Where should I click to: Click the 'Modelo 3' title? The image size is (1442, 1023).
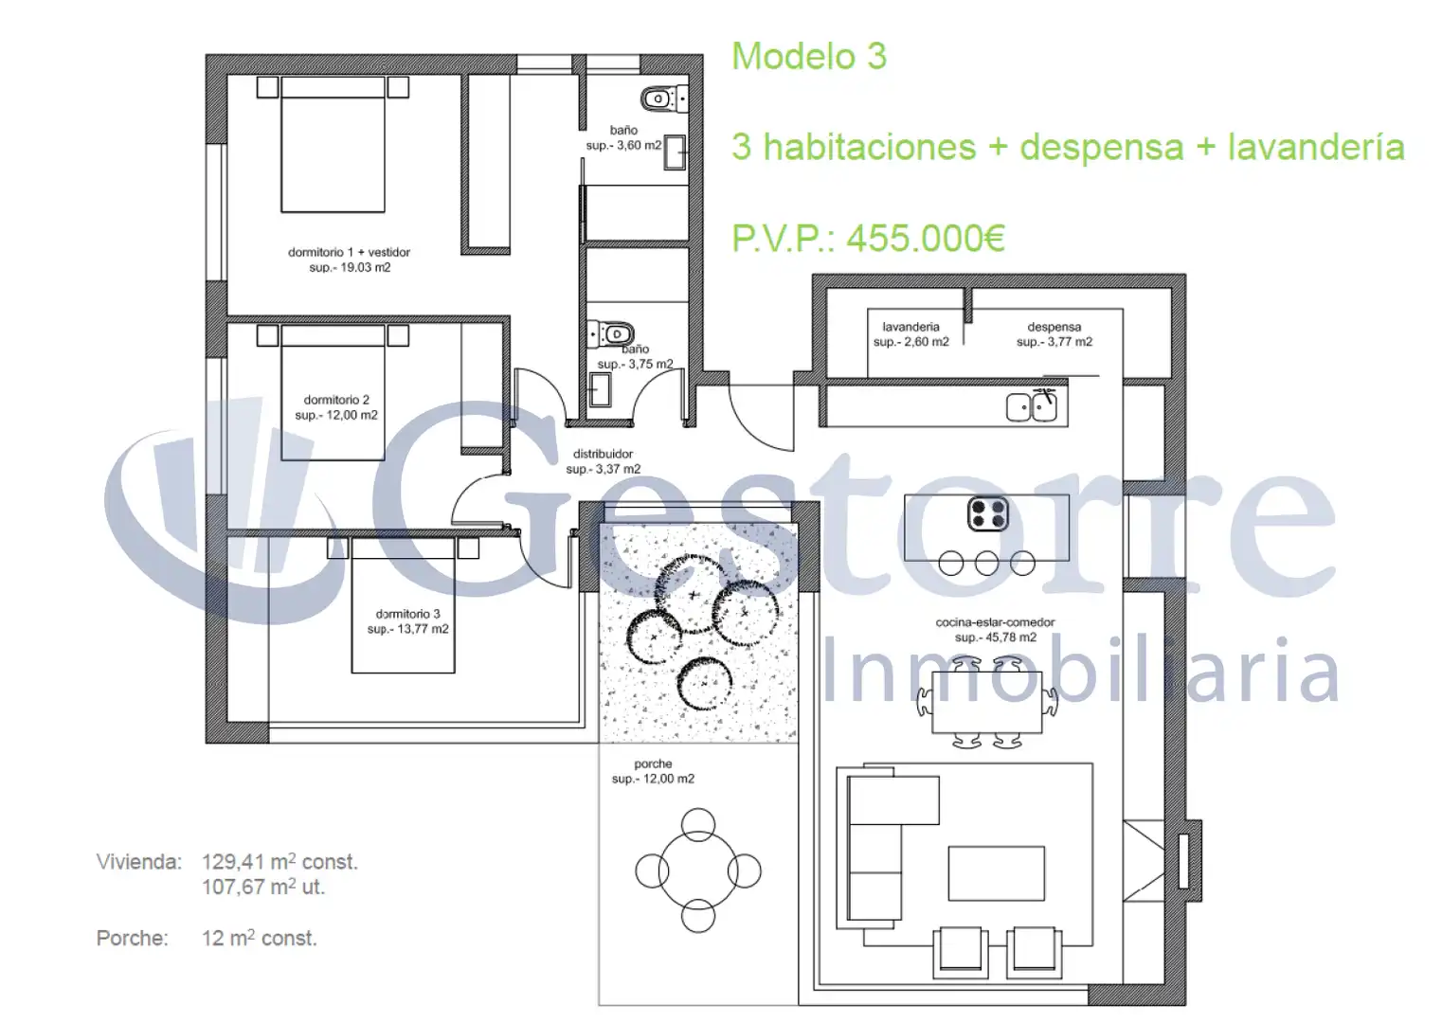click(809, 56)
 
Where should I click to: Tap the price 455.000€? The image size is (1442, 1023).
click(925, 239)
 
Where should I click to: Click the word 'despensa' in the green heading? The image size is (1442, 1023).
click(1102, 148)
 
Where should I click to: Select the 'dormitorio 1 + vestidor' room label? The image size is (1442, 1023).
click(349, 252)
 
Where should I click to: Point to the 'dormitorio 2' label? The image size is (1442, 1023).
click(336, 400)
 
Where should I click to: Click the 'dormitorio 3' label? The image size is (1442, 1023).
click(408, 614)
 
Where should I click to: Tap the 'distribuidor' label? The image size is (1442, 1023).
click(604, 454)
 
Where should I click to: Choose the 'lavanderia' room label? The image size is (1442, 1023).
click(910, 327)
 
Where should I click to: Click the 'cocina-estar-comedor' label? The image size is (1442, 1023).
click(995, 622)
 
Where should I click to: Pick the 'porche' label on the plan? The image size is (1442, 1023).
click(653, 763)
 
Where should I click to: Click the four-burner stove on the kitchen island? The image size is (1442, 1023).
click(987, 514)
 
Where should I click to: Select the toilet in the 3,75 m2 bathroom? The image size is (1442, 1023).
click(611, 334)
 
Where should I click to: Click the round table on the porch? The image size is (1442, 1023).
click(698, 870)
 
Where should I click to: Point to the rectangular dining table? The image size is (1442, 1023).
click(987, 703)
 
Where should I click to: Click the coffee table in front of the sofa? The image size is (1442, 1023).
click(997, 873)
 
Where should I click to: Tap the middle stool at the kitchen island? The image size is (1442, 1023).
click(987, 564)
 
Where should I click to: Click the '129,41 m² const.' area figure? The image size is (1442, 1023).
click(280, 861)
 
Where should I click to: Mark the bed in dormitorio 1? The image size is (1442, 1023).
click(333, 144)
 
